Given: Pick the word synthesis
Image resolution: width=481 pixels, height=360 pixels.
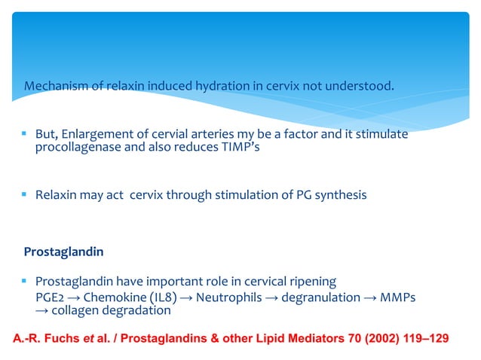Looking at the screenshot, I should coord(341,195).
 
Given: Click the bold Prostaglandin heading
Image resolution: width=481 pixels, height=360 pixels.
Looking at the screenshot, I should coord(63,250).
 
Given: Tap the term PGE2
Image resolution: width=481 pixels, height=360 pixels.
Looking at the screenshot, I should coord(51,297).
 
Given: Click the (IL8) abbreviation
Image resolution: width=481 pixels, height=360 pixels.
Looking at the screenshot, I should coord(157,297).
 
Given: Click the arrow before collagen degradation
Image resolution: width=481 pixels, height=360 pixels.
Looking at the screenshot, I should coord(42,310).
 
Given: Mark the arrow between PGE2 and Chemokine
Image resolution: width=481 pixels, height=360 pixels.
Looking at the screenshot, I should coord(73,297).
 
